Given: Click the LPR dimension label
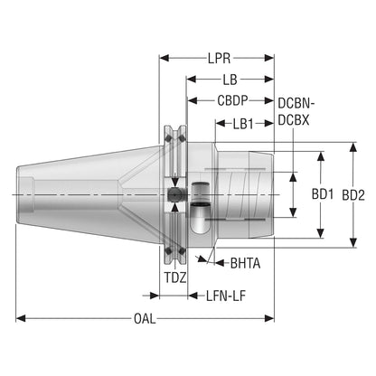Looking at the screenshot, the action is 219,58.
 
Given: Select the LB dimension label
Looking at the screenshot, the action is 230,80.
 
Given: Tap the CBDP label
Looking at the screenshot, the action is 232,100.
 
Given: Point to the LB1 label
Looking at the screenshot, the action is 243,124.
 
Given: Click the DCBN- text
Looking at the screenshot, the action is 296,103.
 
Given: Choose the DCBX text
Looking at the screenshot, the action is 294,120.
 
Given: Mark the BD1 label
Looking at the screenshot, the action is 323,194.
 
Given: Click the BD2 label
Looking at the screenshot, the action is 353,195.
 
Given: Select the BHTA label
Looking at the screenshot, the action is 245,263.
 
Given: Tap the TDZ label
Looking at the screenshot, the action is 175,277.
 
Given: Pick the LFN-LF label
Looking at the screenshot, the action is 226,296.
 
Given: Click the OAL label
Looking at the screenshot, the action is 145,319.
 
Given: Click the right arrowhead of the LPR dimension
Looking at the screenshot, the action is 269,58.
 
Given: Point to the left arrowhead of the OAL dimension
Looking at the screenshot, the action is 21,318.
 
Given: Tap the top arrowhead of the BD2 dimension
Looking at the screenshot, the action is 353,147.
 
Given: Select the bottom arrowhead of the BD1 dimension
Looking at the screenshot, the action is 321,233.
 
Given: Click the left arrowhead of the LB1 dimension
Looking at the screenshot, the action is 221,123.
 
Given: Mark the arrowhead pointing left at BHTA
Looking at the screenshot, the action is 220,263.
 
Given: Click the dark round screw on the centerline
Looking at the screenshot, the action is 174,194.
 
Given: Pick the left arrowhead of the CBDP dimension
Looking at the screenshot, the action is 193,100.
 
